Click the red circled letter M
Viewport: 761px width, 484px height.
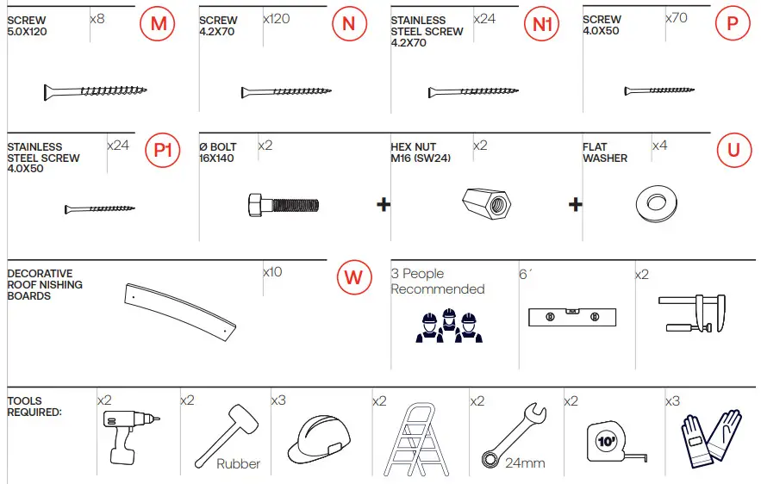tap(158, 24)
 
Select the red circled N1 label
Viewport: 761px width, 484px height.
tap(541, 24)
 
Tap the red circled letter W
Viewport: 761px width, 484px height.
tap(352, 278)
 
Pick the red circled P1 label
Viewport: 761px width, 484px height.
tap(163, 151)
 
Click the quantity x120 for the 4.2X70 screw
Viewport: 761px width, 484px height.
tap(276, 18)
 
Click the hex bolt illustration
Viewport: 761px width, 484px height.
tap(284, 204)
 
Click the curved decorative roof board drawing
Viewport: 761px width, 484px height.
tap(180, 308)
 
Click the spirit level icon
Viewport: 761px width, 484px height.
tap(571, 317)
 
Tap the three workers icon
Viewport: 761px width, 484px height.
tap(446, 326)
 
